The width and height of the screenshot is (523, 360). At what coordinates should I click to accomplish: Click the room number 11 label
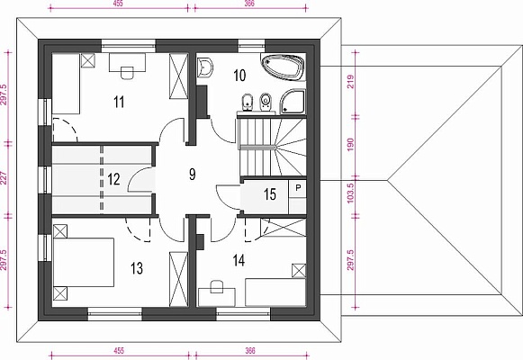click(x=119, y=102)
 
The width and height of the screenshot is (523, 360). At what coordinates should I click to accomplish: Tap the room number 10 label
click(x=239, y=76)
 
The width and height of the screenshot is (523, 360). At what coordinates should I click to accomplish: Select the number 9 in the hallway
click(x=192, y=174)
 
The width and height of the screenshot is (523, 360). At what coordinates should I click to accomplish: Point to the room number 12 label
click(x=113, y=179)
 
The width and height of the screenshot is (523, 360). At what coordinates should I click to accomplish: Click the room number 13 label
click(x=137, y=268)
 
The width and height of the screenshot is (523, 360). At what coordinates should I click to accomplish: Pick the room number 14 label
click(x=239, y=260)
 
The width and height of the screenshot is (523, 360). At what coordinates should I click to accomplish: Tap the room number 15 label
click(x=270, y=194)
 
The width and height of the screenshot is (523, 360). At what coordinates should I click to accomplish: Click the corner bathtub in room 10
click(x=283, y=67)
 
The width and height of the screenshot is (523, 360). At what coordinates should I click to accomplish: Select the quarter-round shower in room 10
click(x=293, y=102)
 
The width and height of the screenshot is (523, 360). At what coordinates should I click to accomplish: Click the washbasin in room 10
click(x=205, y=67)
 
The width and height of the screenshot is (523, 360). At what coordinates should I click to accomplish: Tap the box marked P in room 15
click(x=298, y=188)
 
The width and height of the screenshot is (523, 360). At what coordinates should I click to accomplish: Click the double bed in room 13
click(x=84, y=262)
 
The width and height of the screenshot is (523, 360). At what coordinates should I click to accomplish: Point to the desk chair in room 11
click(x=127, y=73)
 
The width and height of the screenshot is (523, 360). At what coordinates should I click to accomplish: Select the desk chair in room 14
click(x=217, y=287)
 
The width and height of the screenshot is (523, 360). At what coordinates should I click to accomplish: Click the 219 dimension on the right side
click(x=350, y=81)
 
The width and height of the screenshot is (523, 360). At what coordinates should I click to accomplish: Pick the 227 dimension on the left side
click(x=4, y=178)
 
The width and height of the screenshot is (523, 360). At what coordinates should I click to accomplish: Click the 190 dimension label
click(x=350, y=144)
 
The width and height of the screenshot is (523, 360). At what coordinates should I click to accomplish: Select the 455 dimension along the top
click(x=119, y=4)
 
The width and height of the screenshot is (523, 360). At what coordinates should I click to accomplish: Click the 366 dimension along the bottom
click(x=250, y=351)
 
